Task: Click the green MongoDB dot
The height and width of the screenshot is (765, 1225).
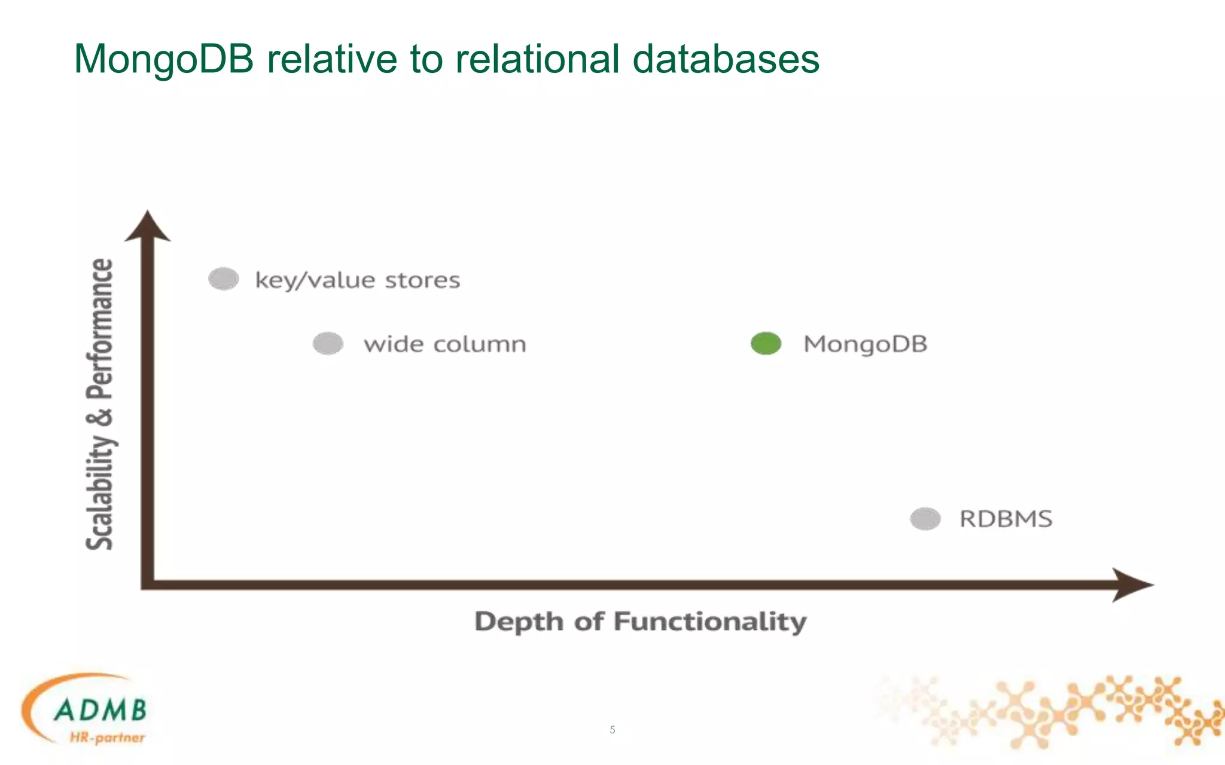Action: pyautogui.click(x=766, y=343)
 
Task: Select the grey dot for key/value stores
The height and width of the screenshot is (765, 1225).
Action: pyautogui.click(x=224, y=279)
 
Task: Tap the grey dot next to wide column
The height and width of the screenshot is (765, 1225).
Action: pyautogui.click(x=328, y=343)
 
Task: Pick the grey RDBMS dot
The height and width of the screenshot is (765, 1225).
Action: pyautogui.click(x=925, y=518)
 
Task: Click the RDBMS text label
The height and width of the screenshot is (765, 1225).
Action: pyautogui.click(x=1005, y=519)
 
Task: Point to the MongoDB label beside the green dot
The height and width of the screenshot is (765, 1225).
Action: pyautogui.click(x=865, y=344)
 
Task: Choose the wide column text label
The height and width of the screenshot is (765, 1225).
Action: pyautogui.click(x=444, y=344)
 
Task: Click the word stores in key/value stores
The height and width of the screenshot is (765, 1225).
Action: pyautogui.click(x=422, y=280)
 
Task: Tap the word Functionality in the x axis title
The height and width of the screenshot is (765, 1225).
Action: pyautogui.click(x=710, y=622)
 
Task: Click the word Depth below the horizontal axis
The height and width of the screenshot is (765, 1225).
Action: pyautogui.click(x=519, y=622)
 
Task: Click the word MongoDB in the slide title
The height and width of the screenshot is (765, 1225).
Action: pyautogui.click(x=163, y=59)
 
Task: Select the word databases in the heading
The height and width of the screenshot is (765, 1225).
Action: pyautogui.click(x=726, y=59)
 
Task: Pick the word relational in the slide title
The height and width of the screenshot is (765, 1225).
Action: pyautogui.click(x=537, y=59)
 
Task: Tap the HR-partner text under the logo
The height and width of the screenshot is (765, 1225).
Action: pyautogui.click(x=107, y=738)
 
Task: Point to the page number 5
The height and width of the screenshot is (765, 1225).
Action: pyautogui.click(x=612, y=729)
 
